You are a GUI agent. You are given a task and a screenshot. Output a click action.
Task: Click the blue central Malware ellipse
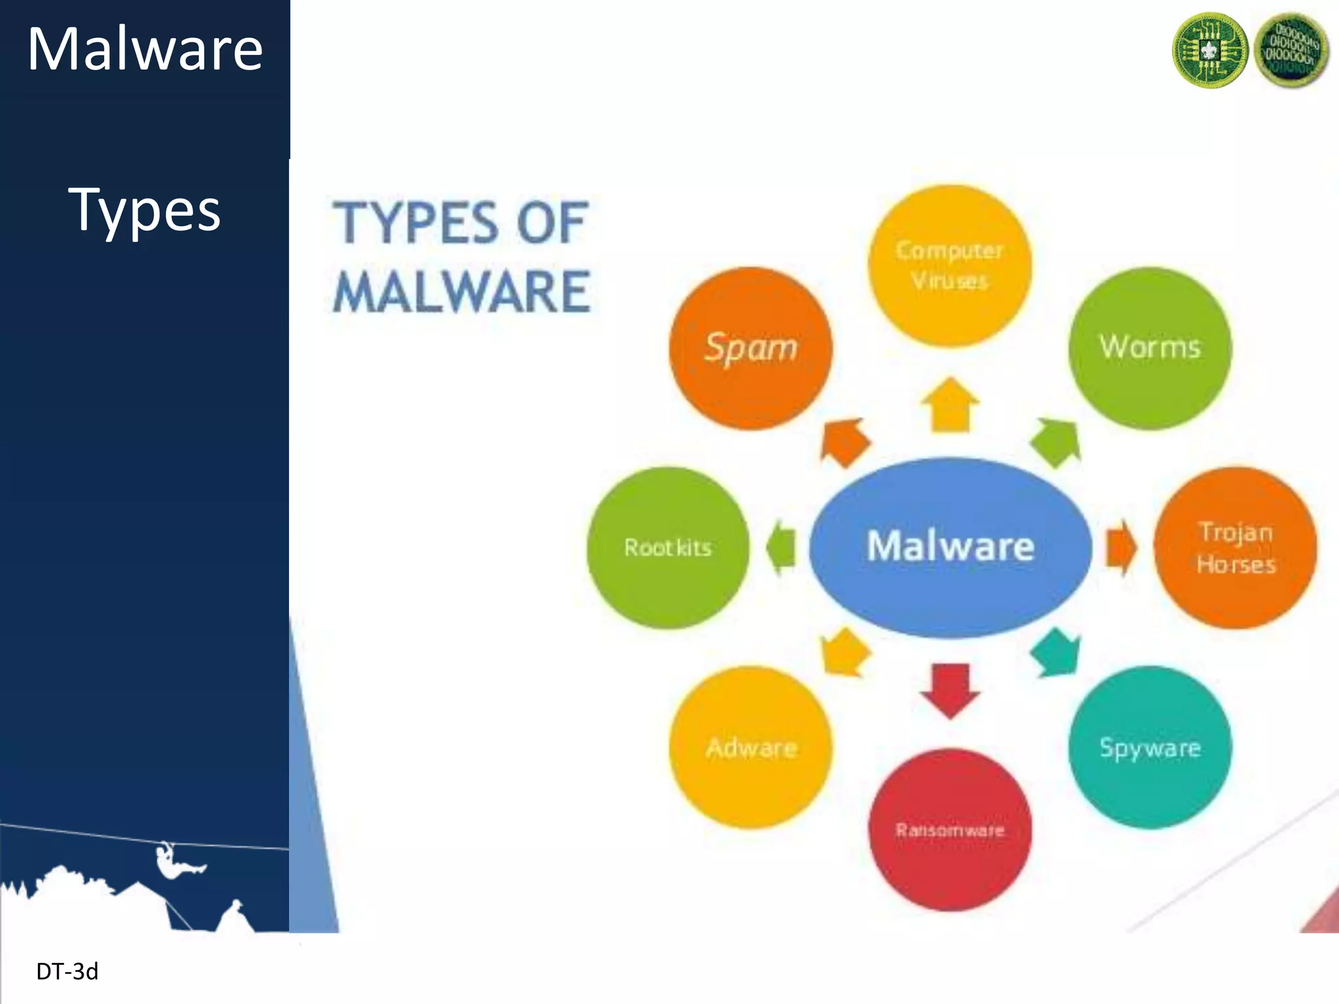pyautogui.click(x=950, y=546)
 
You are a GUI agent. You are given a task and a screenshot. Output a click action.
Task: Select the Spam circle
pyautogui.click(x=751, y=348)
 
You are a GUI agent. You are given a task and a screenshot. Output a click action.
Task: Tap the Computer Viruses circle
pyautogui.click(x=949, y=265)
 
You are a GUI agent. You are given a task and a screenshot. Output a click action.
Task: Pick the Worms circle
pyautogui.click(x=1150, y=348)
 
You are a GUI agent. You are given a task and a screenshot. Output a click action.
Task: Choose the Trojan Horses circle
pyautogui.click(x=1235, y=548)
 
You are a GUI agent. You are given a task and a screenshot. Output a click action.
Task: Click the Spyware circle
pyautogui.click(x=1150, y=747)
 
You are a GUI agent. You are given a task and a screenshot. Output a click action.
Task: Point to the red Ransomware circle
pyautogui.click(x=950, y=829)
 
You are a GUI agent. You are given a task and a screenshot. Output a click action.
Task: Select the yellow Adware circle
pyautogui.click(x=751, y=747)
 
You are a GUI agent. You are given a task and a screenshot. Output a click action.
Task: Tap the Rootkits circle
pyautogui.click(x=668, y=548)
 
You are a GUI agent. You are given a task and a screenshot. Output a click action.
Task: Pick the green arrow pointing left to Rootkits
pyautogui.click(x=781, y=548)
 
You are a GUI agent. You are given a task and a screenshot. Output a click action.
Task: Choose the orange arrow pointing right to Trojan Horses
pyautogui.click(x=1121, y=548)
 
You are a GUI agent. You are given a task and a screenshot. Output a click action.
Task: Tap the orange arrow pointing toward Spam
pyautogui.click(x=844, y=443)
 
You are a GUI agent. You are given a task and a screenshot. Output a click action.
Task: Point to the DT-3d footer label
pyautogui.click(x=67, y=972)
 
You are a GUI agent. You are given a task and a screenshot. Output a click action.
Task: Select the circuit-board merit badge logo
pyautogui.click(x=1210, y=50)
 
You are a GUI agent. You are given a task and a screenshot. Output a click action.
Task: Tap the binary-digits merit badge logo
pyautogui.click(x=1291, y=50)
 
